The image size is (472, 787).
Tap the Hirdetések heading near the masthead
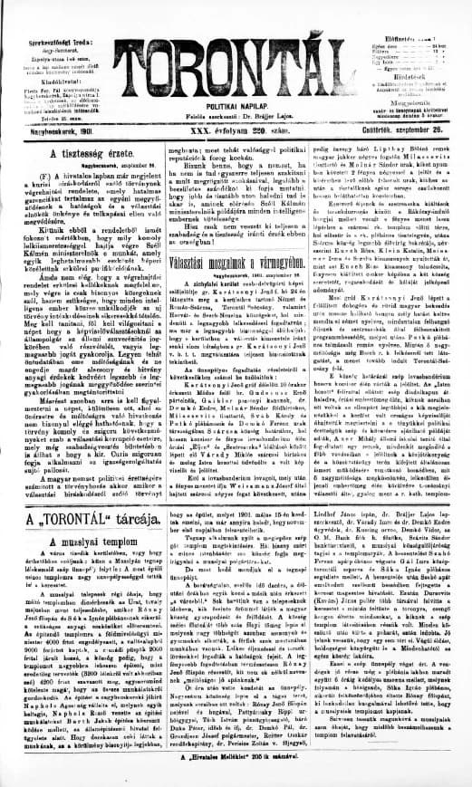click(418, 76)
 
